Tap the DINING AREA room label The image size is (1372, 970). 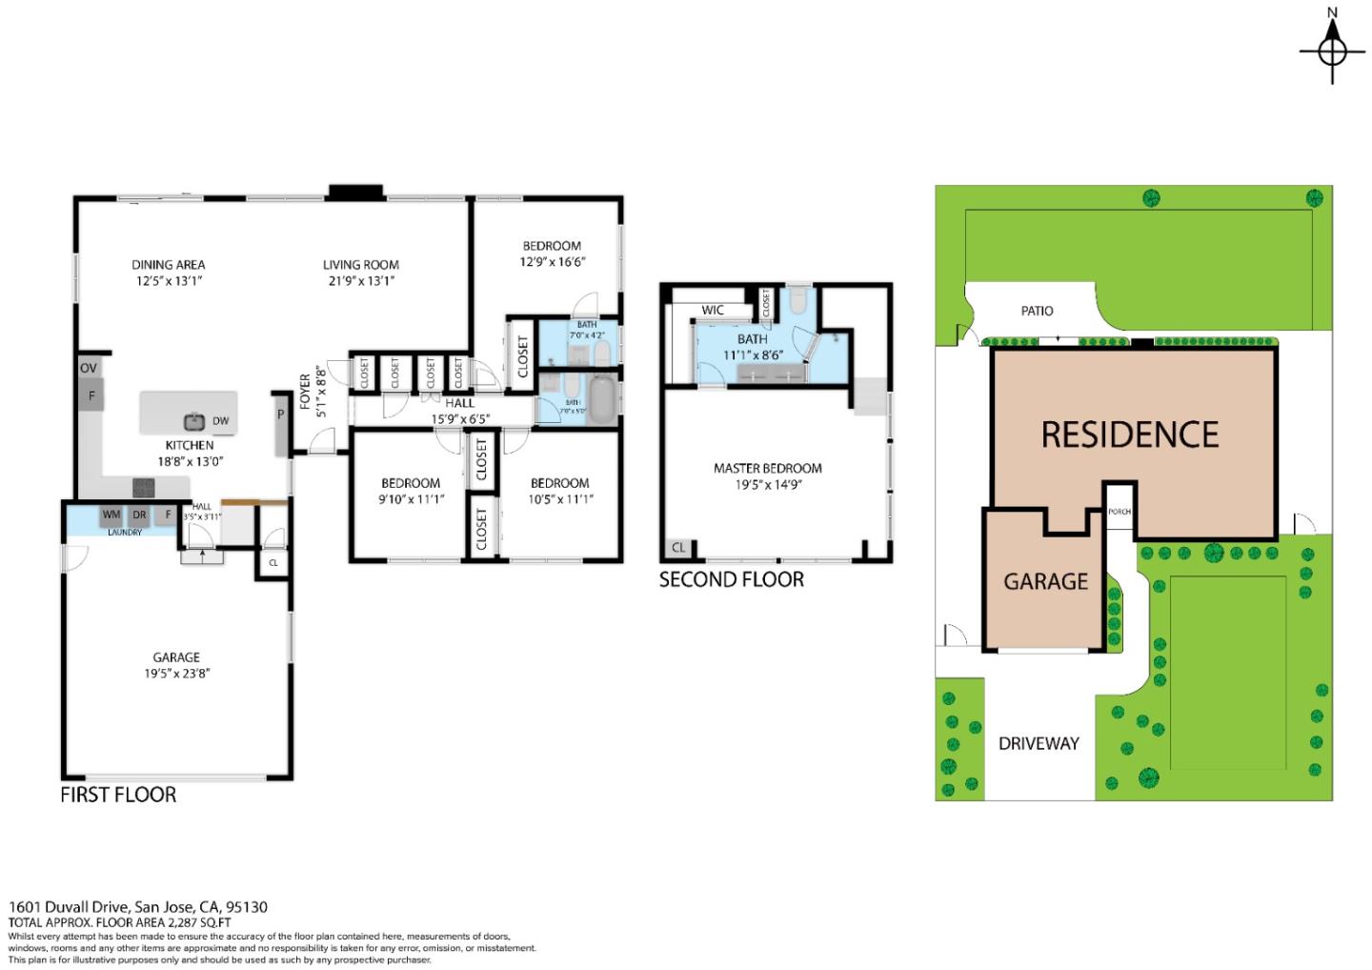[169, 265]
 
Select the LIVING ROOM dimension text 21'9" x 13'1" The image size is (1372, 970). [359, 281]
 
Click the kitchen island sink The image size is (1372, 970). [194, 421]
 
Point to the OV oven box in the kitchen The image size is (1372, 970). [89, 368]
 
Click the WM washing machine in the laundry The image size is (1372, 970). [111, 515]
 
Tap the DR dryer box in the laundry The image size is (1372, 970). [140, 515]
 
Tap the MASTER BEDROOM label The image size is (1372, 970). [767, 468]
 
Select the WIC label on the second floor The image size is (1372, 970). [713, 310]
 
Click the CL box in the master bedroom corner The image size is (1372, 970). [678, 548]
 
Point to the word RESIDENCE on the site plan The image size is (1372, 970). [1129, 435]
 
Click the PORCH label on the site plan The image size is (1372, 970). [1119, 512]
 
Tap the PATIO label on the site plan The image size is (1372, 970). [1037, 311]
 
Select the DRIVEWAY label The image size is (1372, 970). [1039, 743]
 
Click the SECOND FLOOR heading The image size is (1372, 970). [731, 579]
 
